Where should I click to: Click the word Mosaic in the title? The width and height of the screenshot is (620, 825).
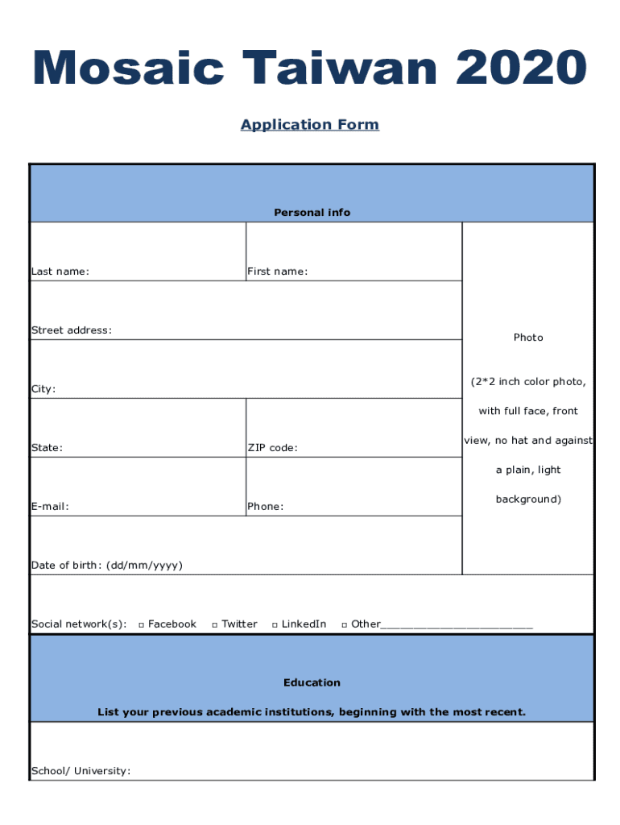pos(129,68)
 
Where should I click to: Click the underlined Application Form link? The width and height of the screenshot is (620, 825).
pos(310,125)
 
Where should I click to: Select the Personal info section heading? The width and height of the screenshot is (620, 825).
pos(312,213)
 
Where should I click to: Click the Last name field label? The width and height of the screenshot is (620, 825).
pos(60,272)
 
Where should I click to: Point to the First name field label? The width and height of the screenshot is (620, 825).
pos(277,272)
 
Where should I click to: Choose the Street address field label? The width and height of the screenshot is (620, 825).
pos(72,330)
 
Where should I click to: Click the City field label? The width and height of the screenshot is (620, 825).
pos(43,389)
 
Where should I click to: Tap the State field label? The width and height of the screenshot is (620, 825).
pos(48,448)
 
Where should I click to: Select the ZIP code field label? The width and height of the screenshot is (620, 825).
pos(272,448)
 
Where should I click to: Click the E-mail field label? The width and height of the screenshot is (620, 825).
pos(50,507)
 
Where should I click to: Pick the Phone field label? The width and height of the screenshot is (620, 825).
pos(265,507)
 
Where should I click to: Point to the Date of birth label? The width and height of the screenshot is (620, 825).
pos(107,566)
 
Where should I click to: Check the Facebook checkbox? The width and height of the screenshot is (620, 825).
pos(141,624)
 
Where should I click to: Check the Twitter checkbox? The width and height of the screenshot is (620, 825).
pos(215,624)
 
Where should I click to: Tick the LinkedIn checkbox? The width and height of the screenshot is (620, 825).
pos(275,624)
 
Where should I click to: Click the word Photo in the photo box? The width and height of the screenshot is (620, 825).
pos(528,338)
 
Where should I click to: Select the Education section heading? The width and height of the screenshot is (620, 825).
pos(312,683)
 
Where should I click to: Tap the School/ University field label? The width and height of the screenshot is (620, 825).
pos(81,771)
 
